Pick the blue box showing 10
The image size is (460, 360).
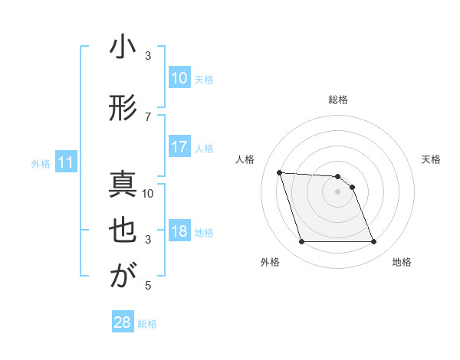coord(179,78)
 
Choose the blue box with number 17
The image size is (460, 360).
coord(179,148)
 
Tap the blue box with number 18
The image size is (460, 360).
coord(179,232)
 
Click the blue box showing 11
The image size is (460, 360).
coord(65,162)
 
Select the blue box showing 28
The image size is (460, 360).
coord(122,322)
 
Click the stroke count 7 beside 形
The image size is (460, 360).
coord(148,116)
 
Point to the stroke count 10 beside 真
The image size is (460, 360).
coord(148,193)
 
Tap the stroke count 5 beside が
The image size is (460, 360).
coord(148,286)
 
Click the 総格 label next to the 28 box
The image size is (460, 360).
coord(148,324)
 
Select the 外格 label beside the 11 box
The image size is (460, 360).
coord(40,164)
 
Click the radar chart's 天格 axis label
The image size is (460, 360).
coord(432,159)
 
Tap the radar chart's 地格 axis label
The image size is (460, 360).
coord(402,263)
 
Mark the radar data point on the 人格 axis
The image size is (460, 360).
coord(279,172)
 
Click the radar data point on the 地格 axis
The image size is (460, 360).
coord(373,242)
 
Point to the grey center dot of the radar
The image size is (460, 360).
coord(337,192)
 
